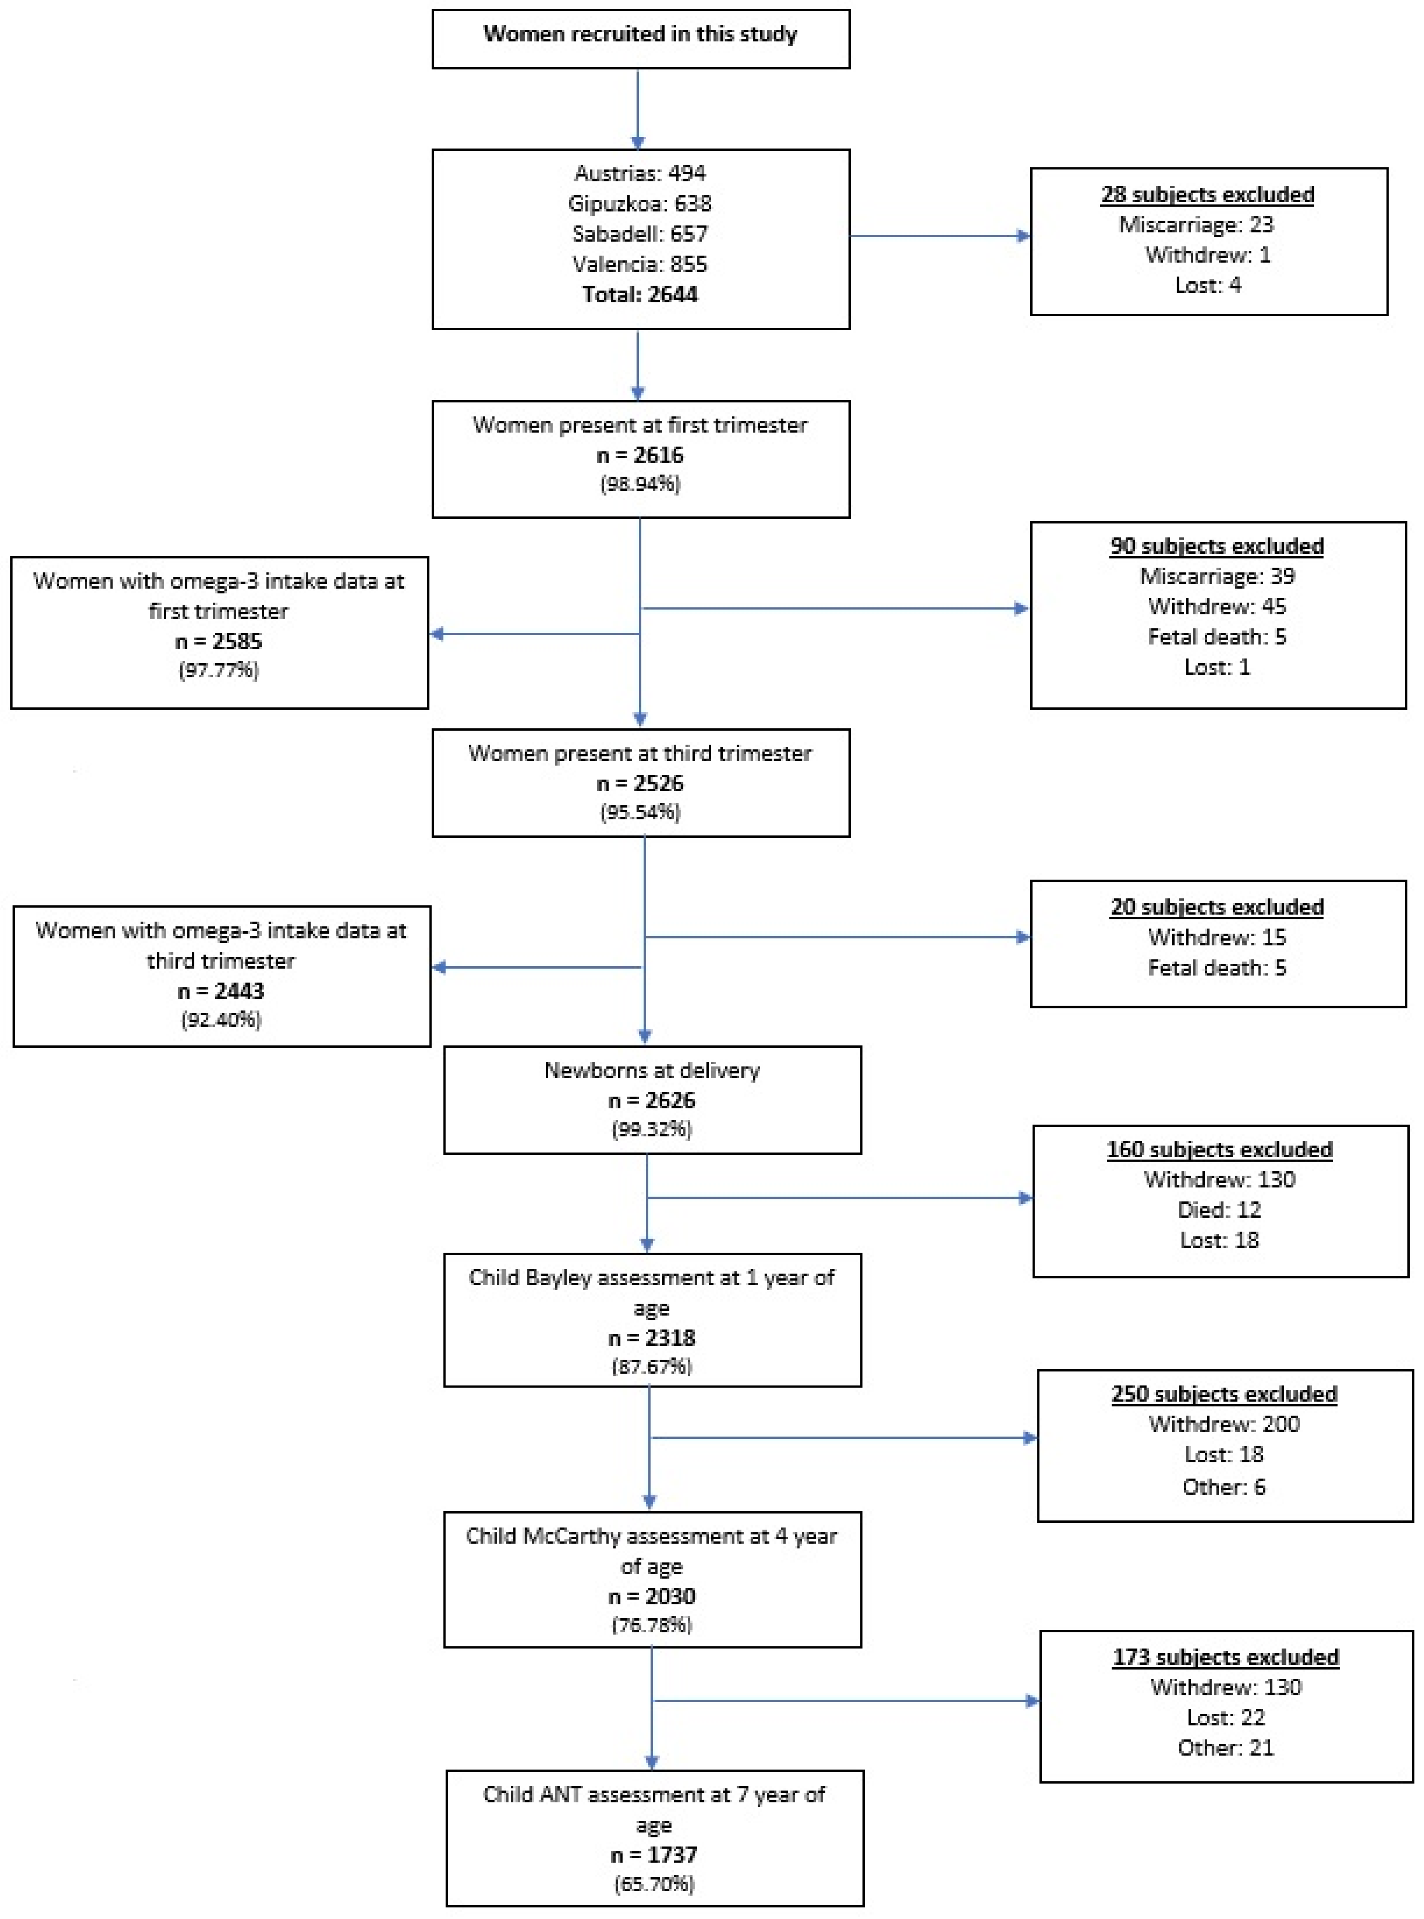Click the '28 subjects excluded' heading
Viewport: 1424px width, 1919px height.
point(1208,195)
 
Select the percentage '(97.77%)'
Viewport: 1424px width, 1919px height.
point(219,670)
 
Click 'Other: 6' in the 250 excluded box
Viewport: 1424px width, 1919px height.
point(1224,1487)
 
